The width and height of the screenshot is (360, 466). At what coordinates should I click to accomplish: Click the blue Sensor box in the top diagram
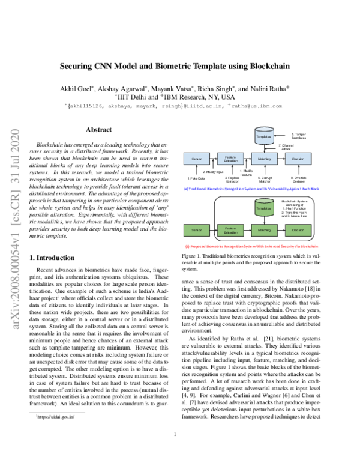tap(196, 159)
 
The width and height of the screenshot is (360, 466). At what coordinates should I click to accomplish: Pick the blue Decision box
tap(298, 159)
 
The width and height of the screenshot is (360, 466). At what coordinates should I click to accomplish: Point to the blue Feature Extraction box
tap(230, 159)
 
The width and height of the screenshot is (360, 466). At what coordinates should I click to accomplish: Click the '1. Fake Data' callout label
tap(196, 178)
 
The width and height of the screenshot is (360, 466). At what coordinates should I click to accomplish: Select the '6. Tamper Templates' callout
tap(300, 136)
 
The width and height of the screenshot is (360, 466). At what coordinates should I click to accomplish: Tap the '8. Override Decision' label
tap(298, 180)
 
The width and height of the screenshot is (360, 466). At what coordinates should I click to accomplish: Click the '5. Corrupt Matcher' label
tap(264, 180)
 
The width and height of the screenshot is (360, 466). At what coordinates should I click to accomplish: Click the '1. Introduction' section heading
tap(52, 258)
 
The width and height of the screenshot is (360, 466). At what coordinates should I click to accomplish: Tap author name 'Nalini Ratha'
tap(269, 88)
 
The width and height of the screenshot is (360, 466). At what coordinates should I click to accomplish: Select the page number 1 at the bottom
tap(175, 451)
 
